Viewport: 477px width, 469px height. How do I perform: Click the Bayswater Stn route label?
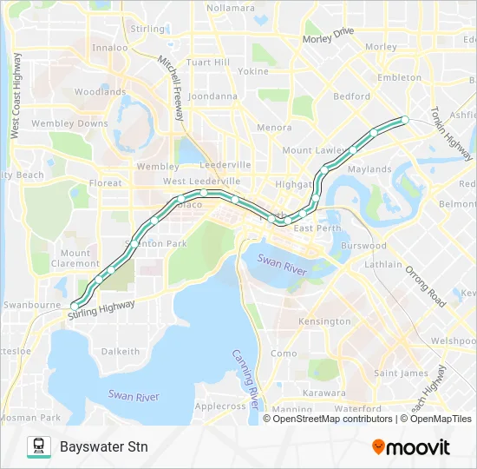[104, 447]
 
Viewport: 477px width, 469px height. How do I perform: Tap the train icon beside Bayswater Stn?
[38, 447]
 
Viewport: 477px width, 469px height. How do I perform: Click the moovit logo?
[411, 447]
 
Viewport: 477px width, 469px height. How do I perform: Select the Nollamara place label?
[231, 8]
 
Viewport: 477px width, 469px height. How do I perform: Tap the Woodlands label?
[100, 91]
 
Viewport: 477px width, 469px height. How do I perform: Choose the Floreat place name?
[106, 183]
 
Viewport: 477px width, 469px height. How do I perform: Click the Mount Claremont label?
[75, 258]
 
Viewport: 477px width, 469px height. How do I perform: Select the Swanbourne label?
[32, 305]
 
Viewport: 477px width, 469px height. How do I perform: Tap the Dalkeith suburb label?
[121, 352]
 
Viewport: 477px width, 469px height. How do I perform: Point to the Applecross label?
[220, 406]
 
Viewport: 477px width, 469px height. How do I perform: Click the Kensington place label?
[324, 321]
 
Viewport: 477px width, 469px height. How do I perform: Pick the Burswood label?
[363, 246]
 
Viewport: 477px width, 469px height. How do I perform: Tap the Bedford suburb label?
[351, 97]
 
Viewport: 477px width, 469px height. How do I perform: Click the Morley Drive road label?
[329, 36]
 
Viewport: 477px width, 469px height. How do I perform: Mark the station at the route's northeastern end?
[404, 119]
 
